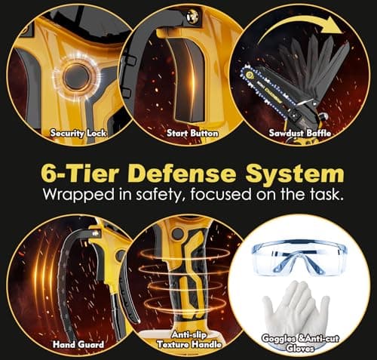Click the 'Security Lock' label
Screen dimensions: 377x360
click(78, 133)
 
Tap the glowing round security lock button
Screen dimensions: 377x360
click(77, 77)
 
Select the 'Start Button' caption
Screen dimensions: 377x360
click(192, 133)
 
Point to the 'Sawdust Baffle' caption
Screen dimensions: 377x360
click(300, 133)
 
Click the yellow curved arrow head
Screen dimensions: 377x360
click(333, 27)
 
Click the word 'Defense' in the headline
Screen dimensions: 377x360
click(183, 174)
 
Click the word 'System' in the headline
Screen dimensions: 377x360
click(295, 174)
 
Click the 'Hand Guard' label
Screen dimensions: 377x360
click(78, 344)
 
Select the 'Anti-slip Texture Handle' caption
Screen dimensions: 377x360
click(189, 340)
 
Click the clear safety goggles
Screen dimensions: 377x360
click(299, 258)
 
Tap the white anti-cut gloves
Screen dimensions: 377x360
click(296, 308)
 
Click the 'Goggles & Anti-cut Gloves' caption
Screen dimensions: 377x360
click(300, 343)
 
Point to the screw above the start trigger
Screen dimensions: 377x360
click(192, 16)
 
